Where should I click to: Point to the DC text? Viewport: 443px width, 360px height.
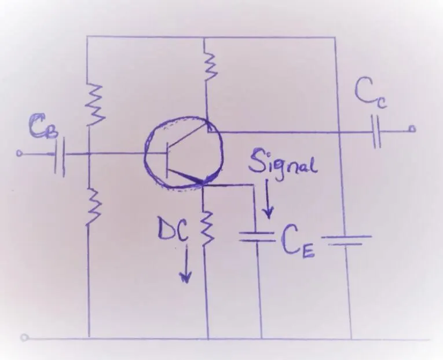[x=173, y=230]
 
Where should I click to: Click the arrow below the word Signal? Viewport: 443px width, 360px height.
[x=268, y=199]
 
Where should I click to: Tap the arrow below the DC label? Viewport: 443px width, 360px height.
[x=186, y=264]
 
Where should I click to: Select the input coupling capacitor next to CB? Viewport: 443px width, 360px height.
[x=60, y=157]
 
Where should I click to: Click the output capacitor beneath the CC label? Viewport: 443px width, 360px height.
[x=376, y=131]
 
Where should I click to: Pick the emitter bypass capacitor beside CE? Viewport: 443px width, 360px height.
[x=257, y=237]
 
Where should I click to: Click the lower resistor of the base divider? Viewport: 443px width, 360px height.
[x=92, y=206]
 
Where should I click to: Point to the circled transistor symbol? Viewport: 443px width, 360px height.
[x=184, y=152]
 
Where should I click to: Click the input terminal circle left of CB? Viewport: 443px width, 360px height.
[x=19, y=154]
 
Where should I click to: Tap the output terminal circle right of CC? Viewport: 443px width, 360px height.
[x=412, y=129]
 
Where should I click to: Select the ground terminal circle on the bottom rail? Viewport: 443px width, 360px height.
[x=24, y=337]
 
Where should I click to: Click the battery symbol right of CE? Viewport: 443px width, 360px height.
[x=346, y=239]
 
